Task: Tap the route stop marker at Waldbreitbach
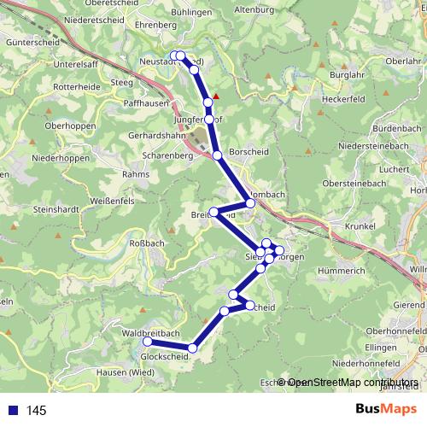point(147,342)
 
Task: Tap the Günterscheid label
point(28,41)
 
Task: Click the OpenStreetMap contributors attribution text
point(351,383)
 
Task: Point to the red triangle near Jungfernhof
point(216,96)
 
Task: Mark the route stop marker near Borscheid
point(218,155)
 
